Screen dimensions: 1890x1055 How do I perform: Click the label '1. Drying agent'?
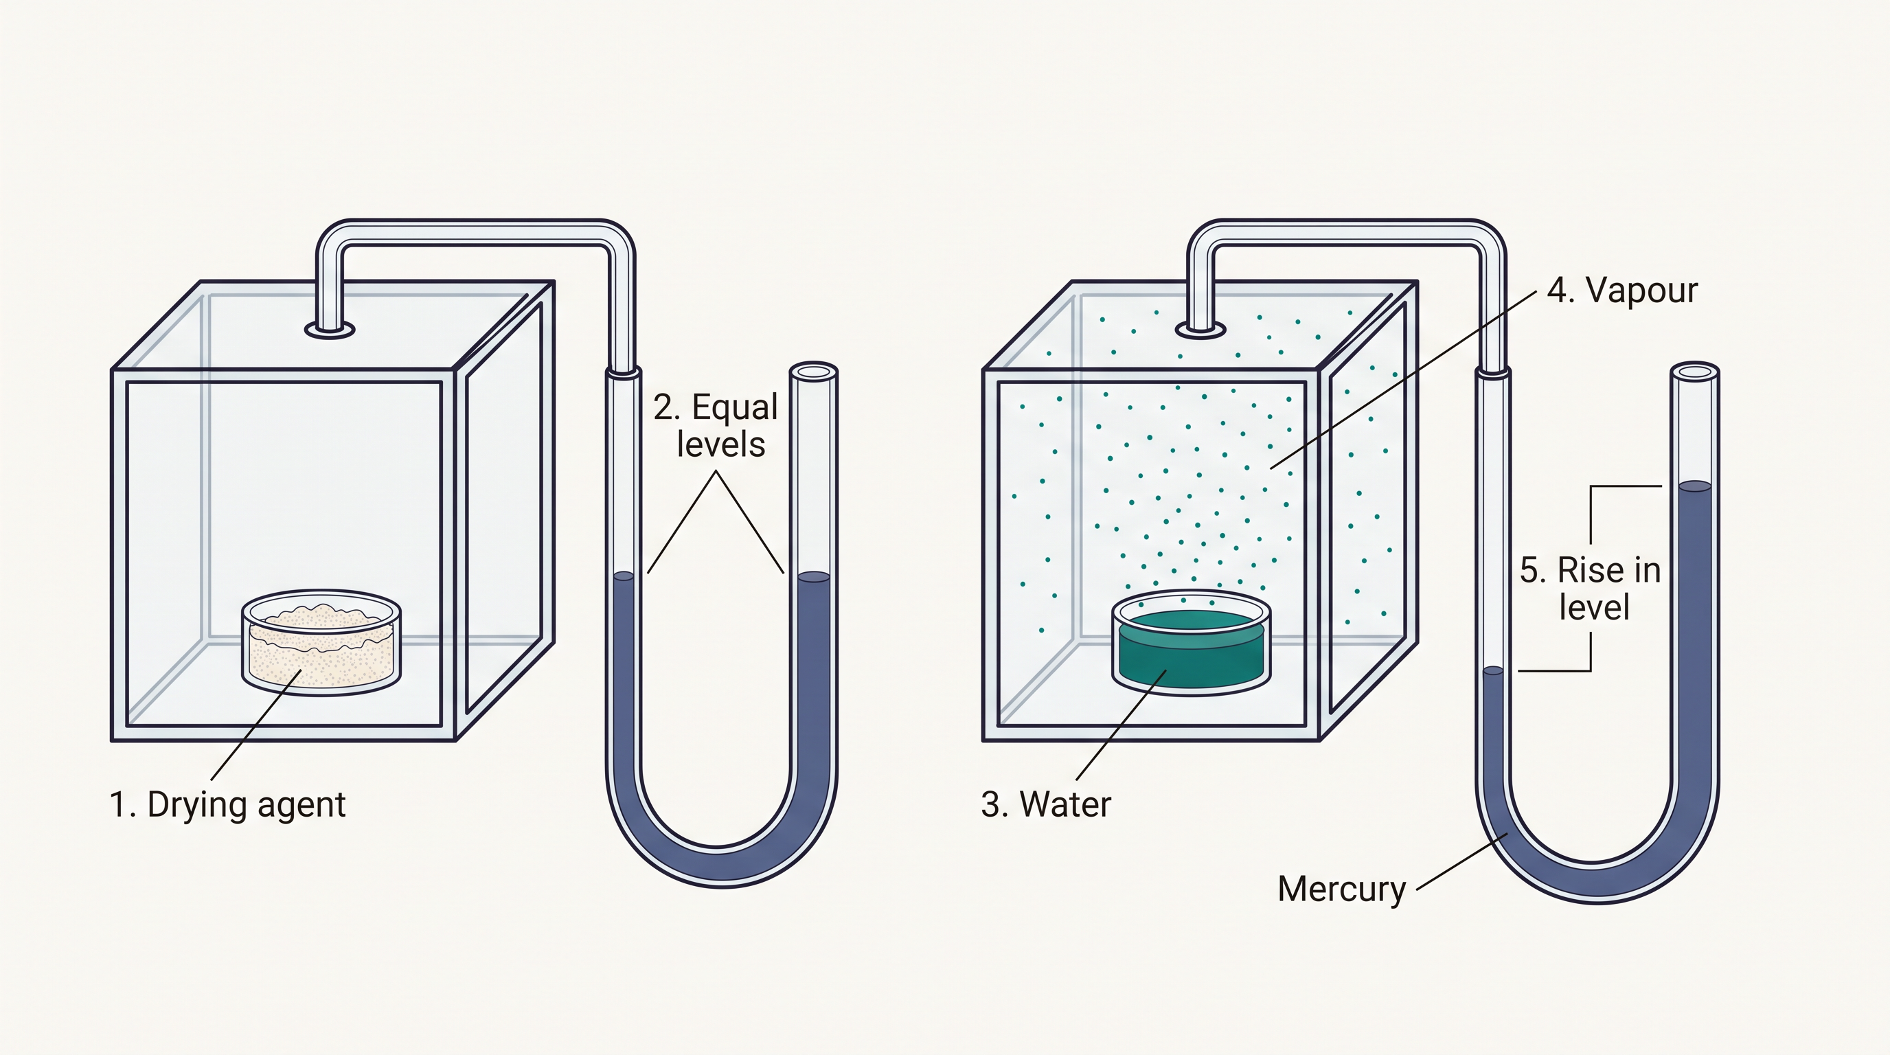pyautogui.click(x=227, y=805)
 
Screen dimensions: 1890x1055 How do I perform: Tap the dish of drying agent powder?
pyautogui.click(x=321, y=642)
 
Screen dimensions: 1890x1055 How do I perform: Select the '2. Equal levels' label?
pyautogui.click(x=717, y=426)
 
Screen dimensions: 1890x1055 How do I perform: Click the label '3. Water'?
pyautogui.click(x=1046, y=804)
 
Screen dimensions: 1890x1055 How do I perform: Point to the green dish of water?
pyautogui.click(x=1192, y=642)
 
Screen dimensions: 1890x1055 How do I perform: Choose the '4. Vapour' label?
pyautogui.click(x=1623, y=291)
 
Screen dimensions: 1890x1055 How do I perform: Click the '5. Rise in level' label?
pyautogui.click(x=1591, y=589)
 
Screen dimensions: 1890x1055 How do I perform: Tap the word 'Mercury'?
pyautogui.click(x=1342, y=889)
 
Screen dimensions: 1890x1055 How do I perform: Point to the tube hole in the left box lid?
pyautogui.click(x=330, y=330)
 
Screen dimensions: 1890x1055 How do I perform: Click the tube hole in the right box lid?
pyautogui.click(x=1200, y=330)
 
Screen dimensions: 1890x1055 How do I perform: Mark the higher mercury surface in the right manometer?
pyautogui.click(x=1695, y=486)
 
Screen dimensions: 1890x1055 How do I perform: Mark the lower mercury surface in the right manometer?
pyautogui.click(x=1493, y=670)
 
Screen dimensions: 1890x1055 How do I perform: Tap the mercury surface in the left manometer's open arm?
pyautogui.click(x=814, y=578)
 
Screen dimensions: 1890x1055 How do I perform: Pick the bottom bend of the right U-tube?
pyautogui.click(x=1598, y=884)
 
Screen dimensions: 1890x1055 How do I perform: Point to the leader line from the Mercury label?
pyautogui.click(x=1462, y=861)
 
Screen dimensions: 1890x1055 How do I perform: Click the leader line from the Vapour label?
pyautogui.click(x=1403, y=379)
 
